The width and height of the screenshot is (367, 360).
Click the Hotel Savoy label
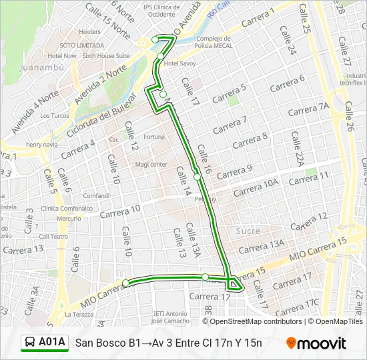coord(181,63)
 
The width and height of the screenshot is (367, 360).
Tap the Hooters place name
coord(89,31)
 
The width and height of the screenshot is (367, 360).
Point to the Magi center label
coord(151,164)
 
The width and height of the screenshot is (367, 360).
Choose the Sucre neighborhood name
coord(248,231)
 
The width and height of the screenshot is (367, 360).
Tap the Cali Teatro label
coord(53,236)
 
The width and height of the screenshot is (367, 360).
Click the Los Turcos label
coord(55,115)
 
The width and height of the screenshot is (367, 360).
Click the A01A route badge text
coord(52,343)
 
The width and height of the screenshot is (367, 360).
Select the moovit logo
coord(316,343)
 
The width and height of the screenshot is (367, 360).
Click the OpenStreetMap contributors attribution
coord(256,321)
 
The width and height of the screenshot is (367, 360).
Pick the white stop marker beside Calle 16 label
coord(197,177)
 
